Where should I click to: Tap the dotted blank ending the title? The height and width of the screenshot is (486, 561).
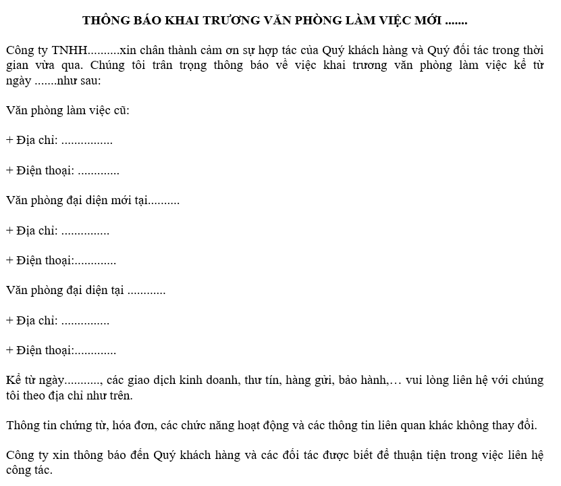point(457,22)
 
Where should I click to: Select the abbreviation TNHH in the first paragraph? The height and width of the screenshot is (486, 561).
point(70,51)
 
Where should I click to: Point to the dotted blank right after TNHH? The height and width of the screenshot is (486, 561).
point(103,51)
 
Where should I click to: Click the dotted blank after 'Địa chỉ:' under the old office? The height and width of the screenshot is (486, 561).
point(86,141)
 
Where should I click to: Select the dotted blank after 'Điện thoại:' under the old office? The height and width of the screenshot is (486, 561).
point(99,171)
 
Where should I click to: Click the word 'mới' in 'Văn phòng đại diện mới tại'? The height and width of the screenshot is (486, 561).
point(132,200)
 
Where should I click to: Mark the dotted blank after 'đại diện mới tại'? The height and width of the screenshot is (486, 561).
point(164,201)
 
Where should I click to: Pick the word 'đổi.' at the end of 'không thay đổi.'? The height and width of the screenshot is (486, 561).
point(525,425)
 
